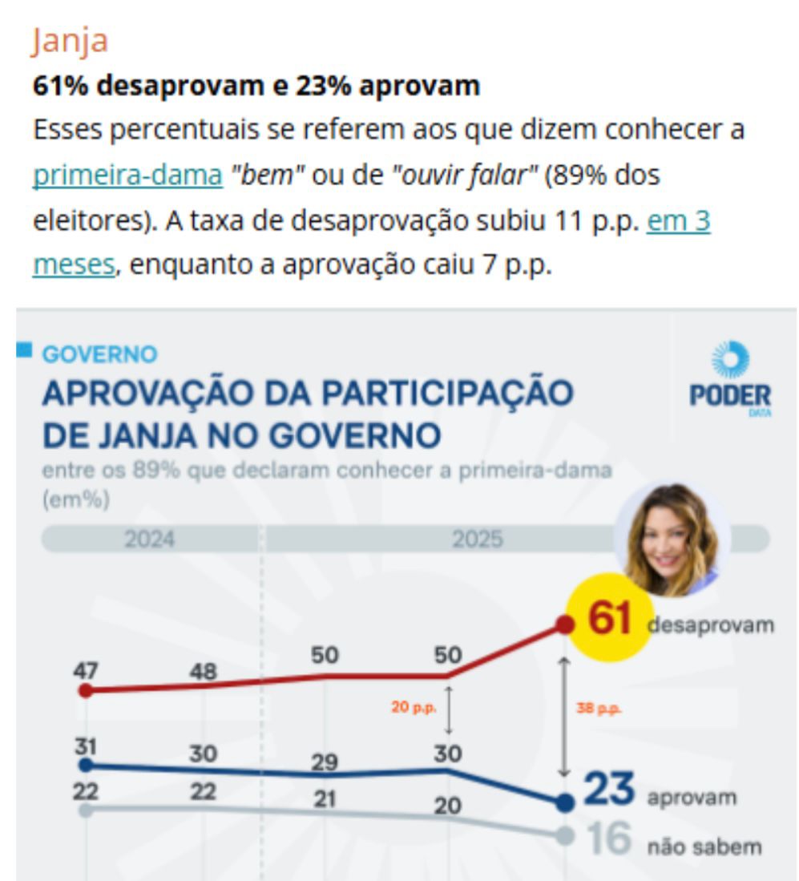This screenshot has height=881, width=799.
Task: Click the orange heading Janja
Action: pyautogui.click(x=70, y=41)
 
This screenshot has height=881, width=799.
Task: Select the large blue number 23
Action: pyautogui.click(x=609, y=790)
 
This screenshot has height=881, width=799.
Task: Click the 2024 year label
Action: pyautogui.click(x=149, y=540)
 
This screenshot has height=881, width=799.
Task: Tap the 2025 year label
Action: pyautogui.click(x=478, y=540)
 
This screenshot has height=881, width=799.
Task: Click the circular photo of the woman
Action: pyautogui.click(x=672, y=540)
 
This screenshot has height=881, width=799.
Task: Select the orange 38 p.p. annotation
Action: pyautogui.click(x=599, y=709)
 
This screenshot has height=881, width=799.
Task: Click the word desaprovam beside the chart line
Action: pyautogui.click(x=710, y=624)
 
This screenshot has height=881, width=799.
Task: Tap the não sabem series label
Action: pyautogui.click(x=704, y=847)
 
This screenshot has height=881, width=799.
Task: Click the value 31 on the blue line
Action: pyautogui.click(x=86, y=746)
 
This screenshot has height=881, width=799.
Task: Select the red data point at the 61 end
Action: pyautogui.click(x=565, y=625)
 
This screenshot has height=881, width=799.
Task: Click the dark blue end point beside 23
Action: pyautogui.click(x=565, y=802)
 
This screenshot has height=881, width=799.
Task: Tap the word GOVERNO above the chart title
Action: pyautogui.click(x=100, y=354)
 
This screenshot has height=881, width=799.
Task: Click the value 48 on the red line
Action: pyautogui.click(x=204, y=671)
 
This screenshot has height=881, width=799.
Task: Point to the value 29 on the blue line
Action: pyautogui.click(x=325, y=762)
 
